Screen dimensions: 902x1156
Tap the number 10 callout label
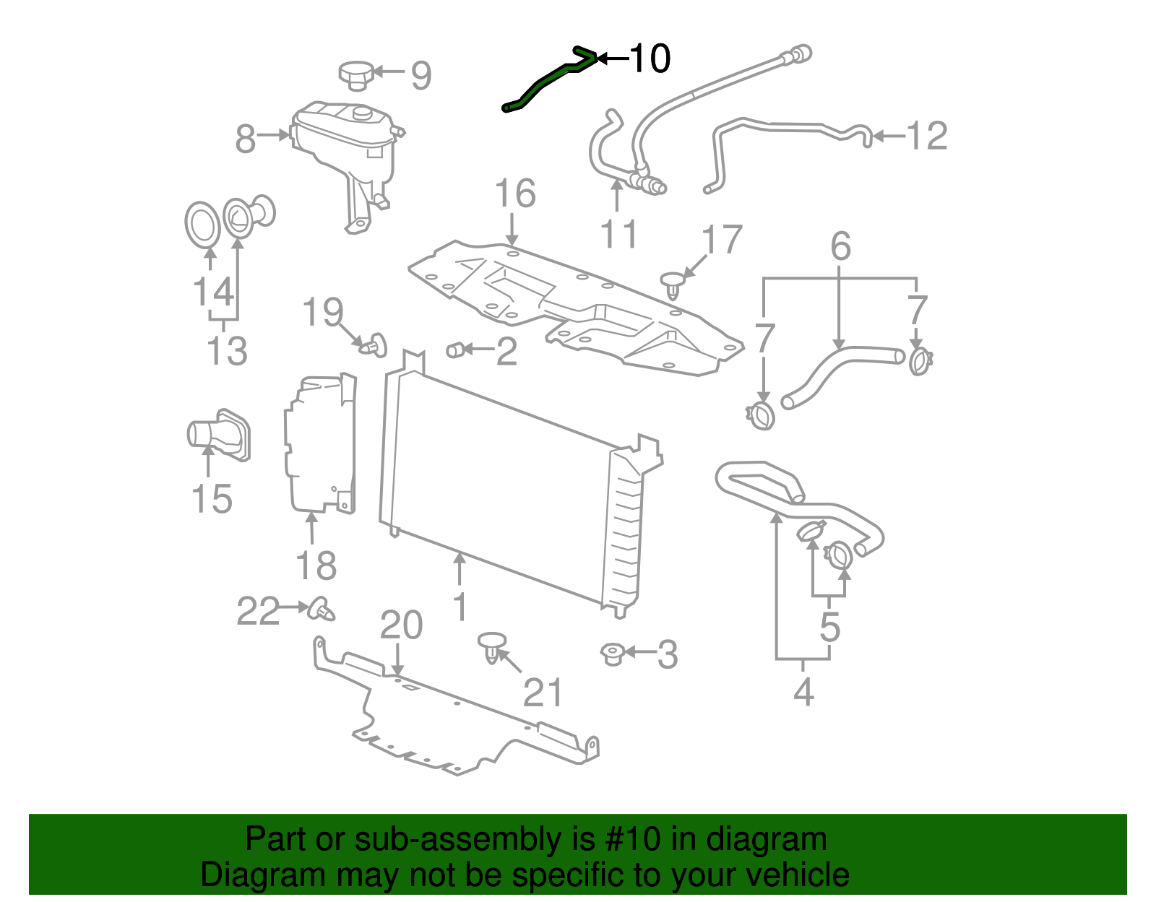[650, 58]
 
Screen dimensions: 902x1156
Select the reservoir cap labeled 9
[355, 74]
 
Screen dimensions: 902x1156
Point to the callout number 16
[514, 194]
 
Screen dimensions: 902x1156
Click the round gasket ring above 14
[202, 224]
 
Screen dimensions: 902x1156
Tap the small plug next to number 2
[455, 350]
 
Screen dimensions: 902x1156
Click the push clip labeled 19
[375, 345]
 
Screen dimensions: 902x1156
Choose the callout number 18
[316, 565]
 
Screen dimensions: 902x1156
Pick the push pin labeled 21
[492, 646]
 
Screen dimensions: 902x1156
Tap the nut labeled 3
[612, 654]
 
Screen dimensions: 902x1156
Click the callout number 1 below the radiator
[460, 607]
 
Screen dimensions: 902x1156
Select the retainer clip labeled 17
[672, 283]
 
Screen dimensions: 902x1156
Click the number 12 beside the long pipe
[926, 136]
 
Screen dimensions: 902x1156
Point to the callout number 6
[840, 247]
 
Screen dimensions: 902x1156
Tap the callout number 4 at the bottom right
[803, 691]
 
